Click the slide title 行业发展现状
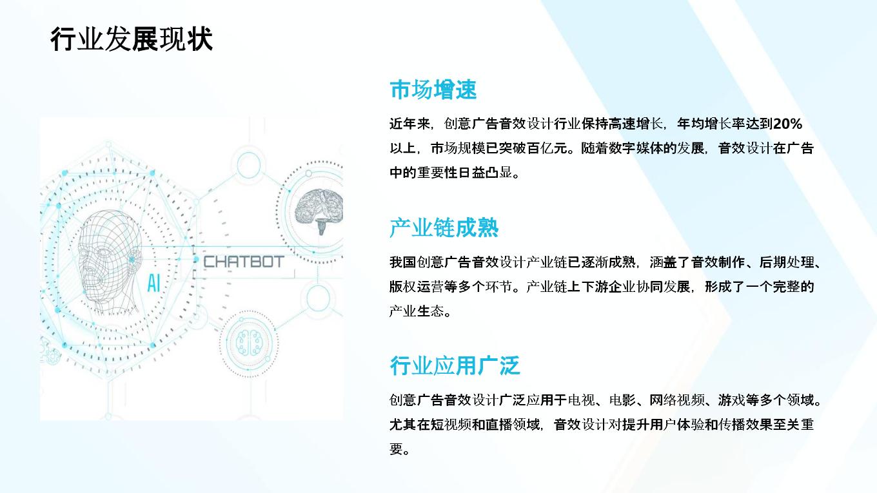click(132, 39)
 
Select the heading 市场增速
click(433, 90)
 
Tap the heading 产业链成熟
click(444, 227)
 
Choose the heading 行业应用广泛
click(455, 365)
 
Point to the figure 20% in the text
click(788, 124)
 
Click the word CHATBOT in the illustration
click(244, 262)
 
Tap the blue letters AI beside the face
click(153, 283)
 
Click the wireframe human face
click(109, 262)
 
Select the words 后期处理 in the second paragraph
click(787, 262)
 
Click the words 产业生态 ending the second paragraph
click(417, 311)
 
